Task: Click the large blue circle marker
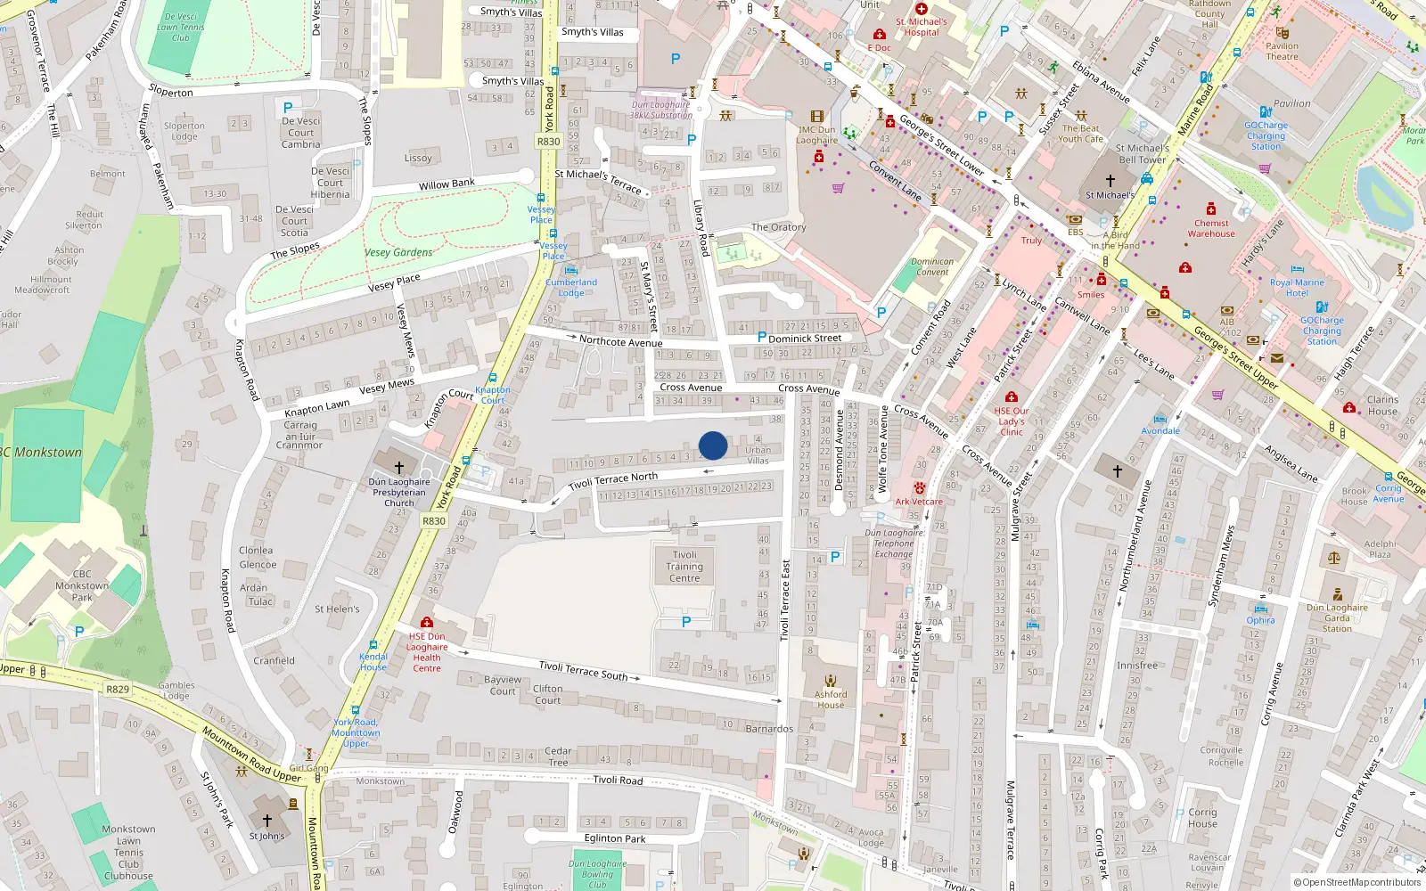(x=713, y=445)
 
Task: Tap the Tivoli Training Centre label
(x=684, y=567)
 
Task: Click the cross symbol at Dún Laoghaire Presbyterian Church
(x=399, y=467)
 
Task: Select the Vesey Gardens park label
(x=398, y=252)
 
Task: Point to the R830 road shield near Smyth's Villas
(x=548, y=142)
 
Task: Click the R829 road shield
(x=118, y=689)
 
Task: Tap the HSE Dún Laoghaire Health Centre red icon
(x=427, y=623)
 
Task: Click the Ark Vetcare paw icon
(x=919, y=488)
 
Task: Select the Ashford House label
(x=830, y=699)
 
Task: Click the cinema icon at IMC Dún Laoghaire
(x=816, y=117)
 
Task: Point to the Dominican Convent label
(x=932, y=267)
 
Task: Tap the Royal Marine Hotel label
(x=1297, y=288)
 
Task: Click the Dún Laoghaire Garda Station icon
(x=1337, y=594)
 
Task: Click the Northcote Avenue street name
(x=620, y=341)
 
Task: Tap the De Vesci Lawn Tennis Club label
(x=181, y=27)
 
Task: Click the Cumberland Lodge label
(x=571, y=288)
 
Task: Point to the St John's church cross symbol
(x=266, y=820)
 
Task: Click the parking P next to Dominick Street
(x=761, y=338)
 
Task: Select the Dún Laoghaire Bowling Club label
(x=597, y=874)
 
